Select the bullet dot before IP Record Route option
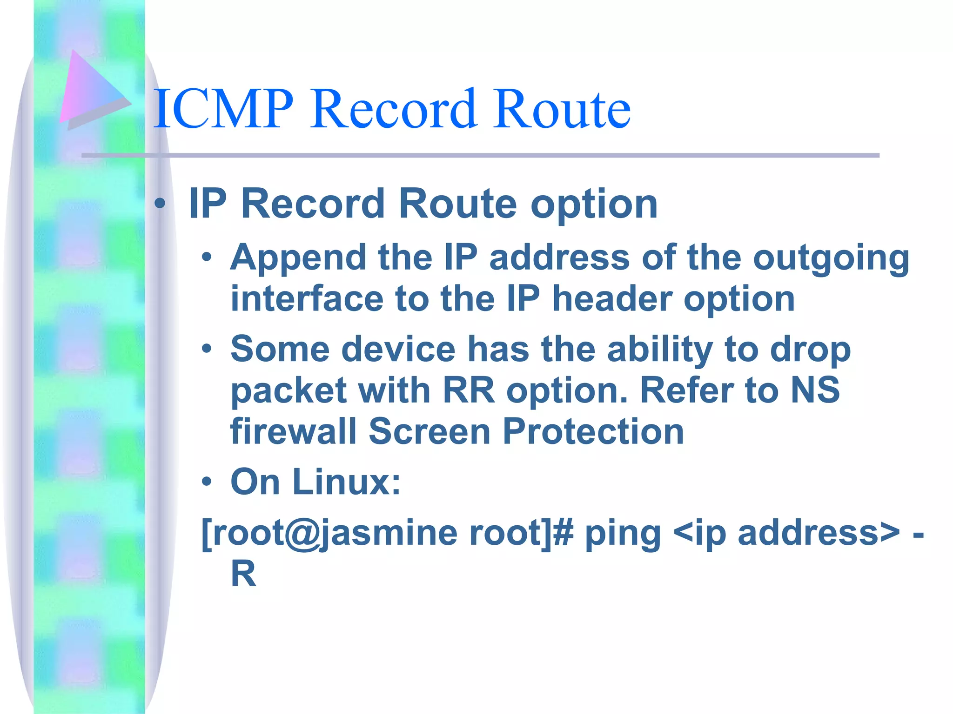pos(160,203)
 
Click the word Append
pos(298,258)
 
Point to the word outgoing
pos(831,258)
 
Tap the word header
pos(612,298)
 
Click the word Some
pos(280,349)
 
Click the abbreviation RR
pos(468,390)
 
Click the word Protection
pos(593,431)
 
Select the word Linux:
pos(347,482)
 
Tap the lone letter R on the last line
pos(243,574)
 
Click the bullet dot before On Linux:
pos(207,483)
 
